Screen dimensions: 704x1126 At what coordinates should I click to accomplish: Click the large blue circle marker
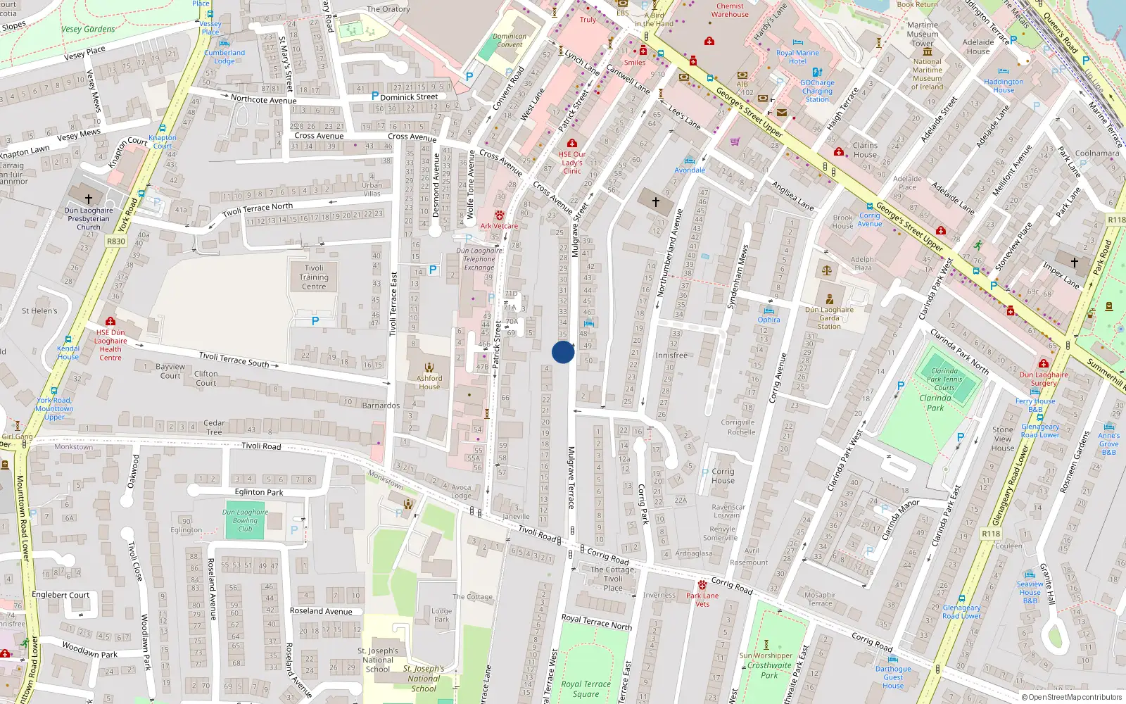563,352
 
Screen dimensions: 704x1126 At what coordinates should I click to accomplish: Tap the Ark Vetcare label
499,226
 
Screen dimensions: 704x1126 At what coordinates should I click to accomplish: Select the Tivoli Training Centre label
314,277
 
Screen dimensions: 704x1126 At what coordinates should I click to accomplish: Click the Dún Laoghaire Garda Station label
829,318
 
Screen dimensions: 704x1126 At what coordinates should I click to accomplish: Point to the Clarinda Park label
935,403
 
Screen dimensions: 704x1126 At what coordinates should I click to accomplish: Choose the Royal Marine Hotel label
797,57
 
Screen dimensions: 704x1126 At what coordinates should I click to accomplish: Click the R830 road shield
116,241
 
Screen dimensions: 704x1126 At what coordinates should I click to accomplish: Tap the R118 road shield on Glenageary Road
991,534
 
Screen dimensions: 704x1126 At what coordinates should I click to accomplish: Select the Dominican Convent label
510,41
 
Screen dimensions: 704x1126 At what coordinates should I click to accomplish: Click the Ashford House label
429,382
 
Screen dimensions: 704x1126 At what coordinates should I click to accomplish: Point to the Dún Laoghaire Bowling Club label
245,520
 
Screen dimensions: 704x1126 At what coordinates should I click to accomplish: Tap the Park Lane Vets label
702,599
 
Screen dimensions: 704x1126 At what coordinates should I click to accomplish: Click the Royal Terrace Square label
586,689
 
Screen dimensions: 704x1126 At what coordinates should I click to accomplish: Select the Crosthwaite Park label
769,670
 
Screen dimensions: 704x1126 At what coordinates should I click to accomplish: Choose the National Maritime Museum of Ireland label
928,74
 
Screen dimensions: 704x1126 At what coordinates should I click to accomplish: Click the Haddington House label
1004,86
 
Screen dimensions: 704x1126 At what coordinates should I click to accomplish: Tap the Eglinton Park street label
259,493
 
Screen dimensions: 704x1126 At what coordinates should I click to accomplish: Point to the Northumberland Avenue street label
669,252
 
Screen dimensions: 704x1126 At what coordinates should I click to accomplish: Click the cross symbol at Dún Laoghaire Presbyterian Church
89,199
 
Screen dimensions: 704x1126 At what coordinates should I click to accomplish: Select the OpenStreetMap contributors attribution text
1071,698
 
